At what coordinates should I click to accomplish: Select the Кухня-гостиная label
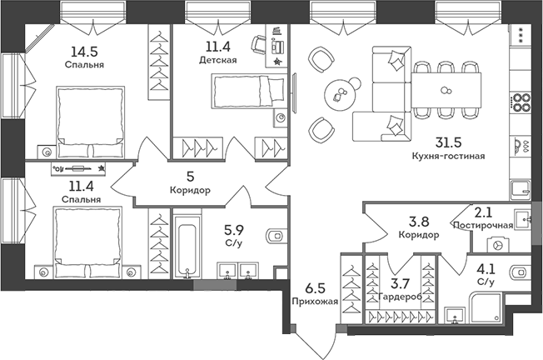point(448,156)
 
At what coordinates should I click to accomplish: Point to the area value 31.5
point(448,142)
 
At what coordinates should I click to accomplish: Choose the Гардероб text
point(397,297)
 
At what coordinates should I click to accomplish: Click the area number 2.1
point(484,212)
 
